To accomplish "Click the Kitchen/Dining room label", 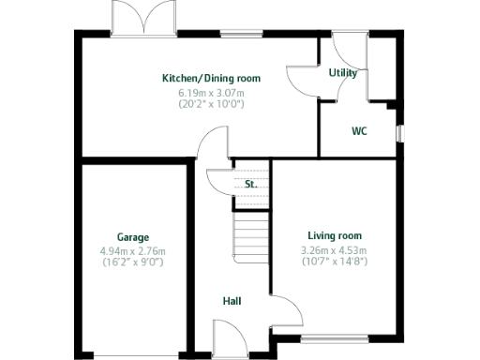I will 211,78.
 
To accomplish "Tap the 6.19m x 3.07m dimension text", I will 211,93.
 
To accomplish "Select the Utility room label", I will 341,72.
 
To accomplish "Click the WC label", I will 359,131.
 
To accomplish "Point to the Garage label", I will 132,237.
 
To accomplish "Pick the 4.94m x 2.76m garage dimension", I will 132,251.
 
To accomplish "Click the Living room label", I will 335,235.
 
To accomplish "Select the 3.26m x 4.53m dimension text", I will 333,249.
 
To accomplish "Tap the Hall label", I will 232,301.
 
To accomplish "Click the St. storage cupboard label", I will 250,185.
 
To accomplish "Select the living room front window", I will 332,338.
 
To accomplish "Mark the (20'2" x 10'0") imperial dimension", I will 211,104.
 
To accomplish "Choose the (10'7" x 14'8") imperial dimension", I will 333,261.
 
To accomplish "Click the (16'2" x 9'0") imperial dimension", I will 132,262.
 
